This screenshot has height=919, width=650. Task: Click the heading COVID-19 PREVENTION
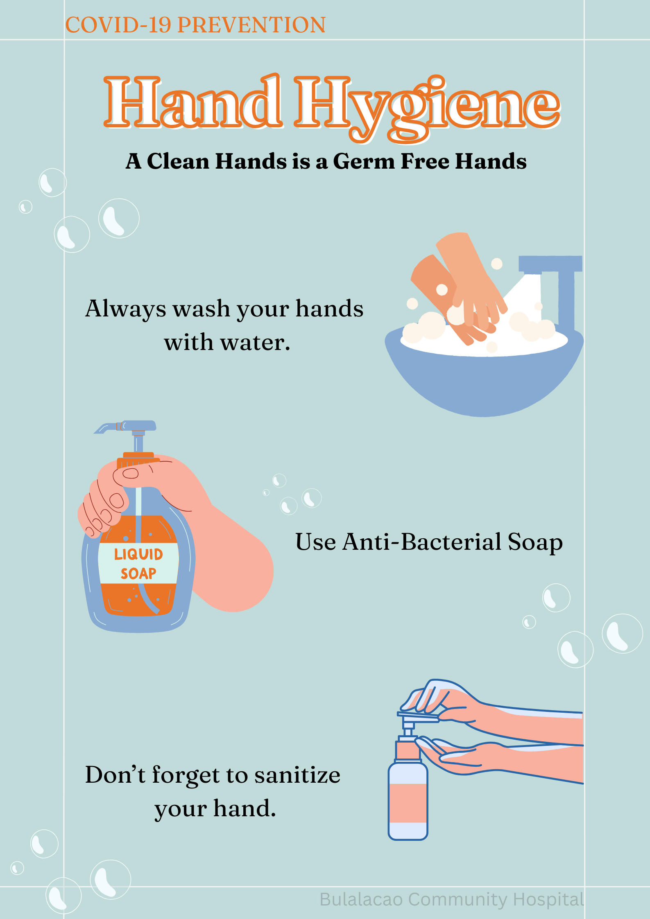pyautogui.click(x=196, y=25)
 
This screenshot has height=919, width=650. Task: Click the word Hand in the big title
pyautogui.click(x=193, y=102)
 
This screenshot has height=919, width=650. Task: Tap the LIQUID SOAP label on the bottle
pyautogui.click(x=138, y=564)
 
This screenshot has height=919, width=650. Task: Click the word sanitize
pyautogui.click(x=297, y=775)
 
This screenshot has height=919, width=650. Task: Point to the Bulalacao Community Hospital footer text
pyautogui.click(x=452, y=899)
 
